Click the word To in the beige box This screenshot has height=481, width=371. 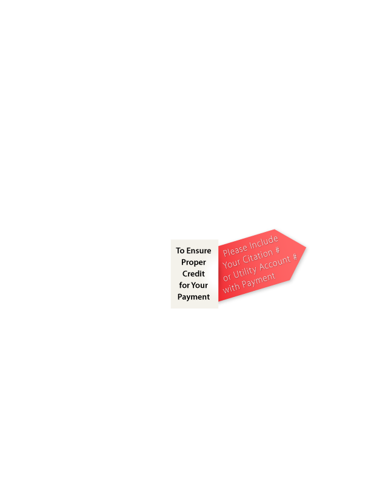pos(180,251)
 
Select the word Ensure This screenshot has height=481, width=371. pos(199,251)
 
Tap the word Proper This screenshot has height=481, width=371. pos(193,262)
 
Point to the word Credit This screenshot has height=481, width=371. pos(193,274)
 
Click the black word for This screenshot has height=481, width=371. pos(184,285)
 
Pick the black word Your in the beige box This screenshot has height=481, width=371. pos(199,285)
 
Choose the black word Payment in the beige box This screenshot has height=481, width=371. pos(193,297)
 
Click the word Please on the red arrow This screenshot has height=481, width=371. pos(235,250)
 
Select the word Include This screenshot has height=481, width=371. pos(264,242)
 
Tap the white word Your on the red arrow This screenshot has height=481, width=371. pos(231,263)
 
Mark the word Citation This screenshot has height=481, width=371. pos(258,256)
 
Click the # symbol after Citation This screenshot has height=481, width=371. pos(277,251)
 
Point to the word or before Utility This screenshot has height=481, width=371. pos(227,278)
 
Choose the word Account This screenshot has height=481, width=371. pos(275,264)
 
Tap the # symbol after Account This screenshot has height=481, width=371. pos(295,257)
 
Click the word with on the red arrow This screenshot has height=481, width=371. pos(231,288)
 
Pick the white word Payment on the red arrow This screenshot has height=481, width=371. pos(259,281)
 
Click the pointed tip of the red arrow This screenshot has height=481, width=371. pos(306,247)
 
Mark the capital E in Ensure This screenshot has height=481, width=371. pos(189,251)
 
